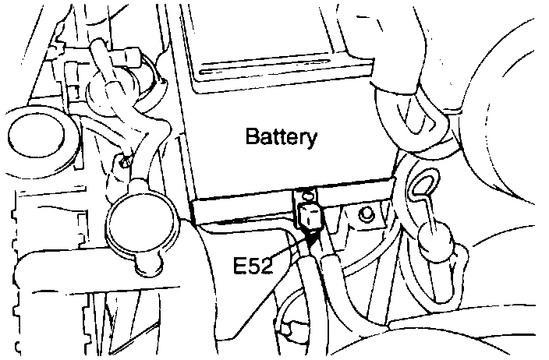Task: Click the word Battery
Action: point(282,138)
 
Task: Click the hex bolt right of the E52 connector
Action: point(364,213)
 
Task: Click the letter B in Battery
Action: point(253,138)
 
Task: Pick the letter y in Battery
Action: point(311,141)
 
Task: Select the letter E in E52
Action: point(240,266)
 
